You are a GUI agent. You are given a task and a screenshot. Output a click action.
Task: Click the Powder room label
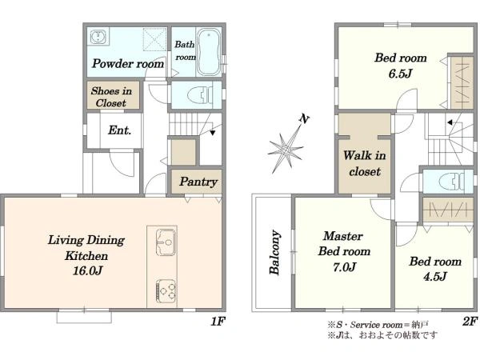(128, 64)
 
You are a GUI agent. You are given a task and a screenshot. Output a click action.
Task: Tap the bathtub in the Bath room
(209, 52)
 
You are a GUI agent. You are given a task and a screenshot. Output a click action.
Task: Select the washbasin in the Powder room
(98, 37)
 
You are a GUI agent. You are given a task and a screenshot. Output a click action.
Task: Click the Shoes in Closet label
(111, 97)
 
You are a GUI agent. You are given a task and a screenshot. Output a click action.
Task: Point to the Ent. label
(119, 130)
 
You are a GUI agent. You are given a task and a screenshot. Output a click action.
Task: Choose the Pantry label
(198, 182)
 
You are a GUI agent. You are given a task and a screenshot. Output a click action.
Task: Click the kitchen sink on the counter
(166, 242)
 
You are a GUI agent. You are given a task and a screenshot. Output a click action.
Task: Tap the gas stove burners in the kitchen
(166, 290)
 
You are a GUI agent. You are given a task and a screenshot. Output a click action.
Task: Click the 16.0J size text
(87, 271)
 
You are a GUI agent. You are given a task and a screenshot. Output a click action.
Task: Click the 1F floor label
(218, 321)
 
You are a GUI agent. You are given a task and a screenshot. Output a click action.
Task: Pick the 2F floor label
(470, 321)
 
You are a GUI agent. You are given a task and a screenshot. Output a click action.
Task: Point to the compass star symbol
(286, 150)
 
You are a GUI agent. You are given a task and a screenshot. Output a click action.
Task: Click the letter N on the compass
(304, 118)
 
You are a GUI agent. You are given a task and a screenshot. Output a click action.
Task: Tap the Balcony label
(274, 252)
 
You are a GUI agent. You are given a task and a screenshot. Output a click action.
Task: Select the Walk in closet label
(364, 163)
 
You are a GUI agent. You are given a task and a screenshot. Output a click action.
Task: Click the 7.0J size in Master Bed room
(344, 267)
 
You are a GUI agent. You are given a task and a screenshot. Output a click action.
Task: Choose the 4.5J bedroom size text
(434, 277)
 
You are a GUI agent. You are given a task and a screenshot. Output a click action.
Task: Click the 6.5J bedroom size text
(400, 74)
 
